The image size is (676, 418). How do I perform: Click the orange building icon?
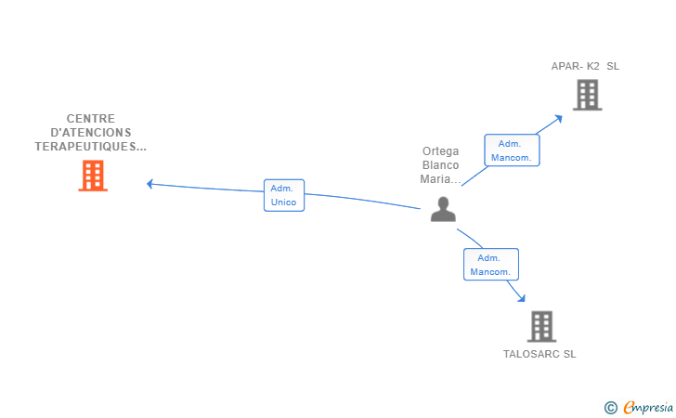93,175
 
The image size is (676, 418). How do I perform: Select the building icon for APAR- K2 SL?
587,95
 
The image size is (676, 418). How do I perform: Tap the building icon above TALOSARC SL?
541,326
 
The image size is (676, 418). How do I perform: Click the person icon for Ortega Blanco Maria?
443,210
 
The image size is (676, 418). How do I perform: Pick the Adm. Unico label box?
283,195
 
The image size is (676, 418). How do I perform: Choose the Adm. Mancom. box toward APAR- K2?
512,150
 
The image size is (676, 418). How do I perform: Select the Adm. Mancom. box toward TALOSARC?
490,265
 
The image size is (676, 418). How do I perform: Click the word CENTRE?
91,119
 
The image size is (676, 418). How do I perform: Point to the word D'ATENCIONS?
91,133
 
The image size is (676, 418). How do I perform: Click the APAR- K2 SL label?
585,67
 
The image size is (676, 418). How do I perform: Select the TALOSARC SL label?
539,354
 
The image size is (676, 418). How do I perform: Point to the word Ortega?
440,151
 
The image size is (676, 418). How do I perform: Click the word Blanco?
440,165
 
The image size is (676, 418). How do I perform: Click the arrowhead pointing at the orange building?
150,183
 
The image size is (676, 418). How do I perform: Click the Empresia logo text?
648,407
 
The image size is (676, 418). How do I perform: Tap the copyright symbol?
610,408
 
